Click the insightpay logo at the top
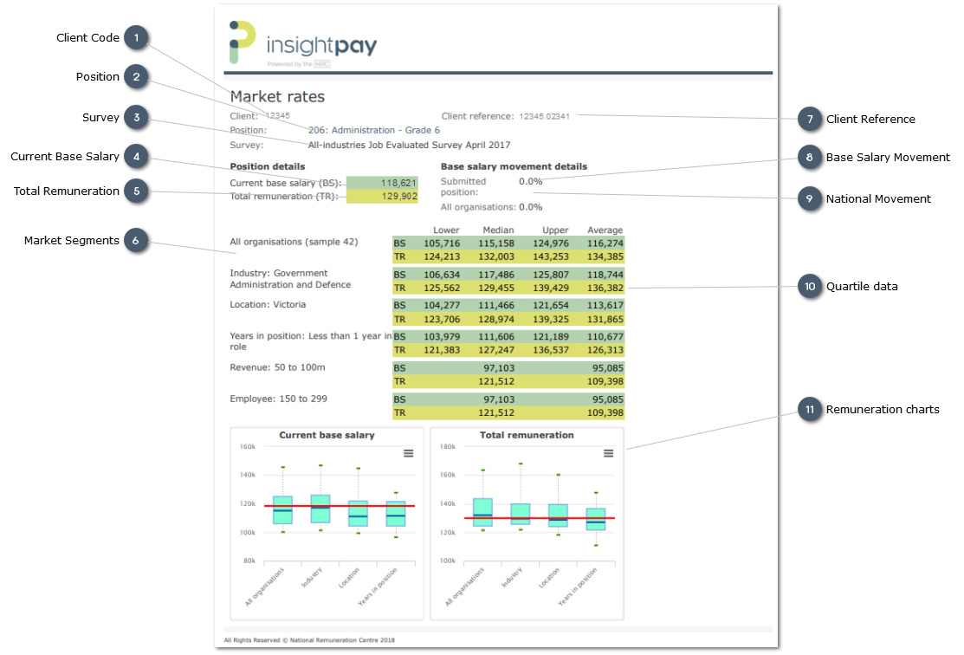coord(302,43)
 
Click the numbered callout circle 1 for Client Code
coord(135,38)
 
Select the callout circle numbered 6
coord(135,241)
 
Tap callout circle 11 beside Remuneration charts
coord(809,410)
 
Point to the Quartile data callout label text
coord(862,287)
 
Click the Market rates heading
coord(277,97)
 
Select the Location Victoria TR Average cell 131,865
coord(605,320)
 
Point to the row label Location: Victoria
coord(268,305)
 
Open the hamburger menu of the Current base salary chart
coord(409,453)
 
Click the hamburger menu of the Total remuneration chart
coord(609,453)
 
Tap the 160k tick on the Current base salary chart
coord(247,447)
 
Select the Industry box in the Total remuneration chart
coord(521,514)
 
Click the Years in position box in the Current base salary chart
coord(396,514)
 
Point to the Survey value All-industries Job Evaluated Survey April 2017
coord(409,146)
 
